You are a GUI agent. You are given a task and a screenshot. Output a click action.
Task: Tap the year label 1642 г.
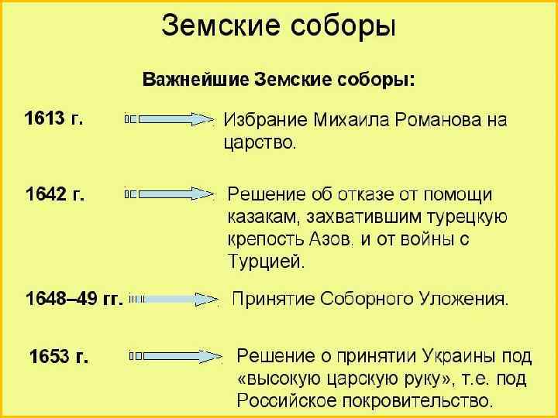(x=55, y=194)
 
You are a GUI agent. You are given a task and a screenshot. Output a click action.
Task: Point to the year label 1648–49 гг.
(x=74, y=299)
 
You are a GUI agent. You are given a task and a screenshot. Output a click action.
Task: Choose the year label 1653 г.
(x=59, y=357)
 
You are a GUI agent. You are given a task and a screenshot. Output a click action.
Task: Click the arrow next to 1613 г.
(x=169, y=119)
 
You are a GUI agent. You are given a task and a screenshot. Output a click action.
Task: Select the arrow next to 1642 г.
(x=169, y=194)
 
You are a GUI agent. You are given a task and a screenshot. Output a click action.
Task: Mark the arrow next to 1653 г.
(x=177, y=356)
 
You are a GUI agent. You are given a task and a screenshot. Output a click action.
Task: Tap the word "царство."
(x=259, y=142)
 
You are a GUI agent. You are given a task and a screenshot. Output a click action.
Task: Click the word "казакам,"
(x=263, y=218)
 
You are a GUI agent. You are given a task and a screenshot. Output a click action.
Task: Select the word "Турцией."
(x=267, y=262)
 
